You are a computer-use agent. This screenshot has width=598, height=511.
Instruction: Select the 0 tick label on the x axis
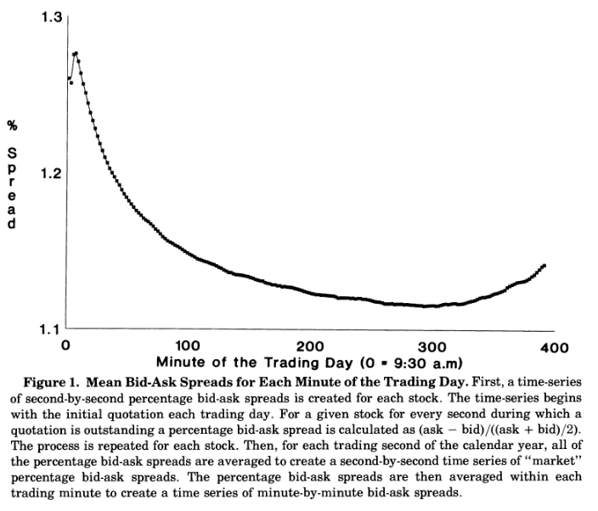click(x=65, y=347)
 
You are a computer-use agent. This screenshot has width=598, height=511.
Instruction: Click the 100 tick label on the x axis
click(x=187, y=347)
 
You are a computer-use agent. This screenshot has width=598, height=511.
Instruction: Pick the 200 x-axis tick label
click(x=310, y=347)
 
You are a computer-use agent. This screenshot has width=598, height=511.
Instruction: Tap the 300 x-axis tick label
click(x=432, y=347)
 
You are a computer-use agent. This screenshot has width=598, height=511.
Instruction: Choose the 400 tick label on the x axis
click(x=554, y=347)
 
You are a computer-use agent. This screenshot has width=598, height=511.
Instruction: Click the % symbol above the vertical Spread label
click(x=12, y=126)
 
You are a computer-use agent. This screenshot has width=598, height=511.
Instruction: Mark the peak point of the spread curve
click(x=76, y=53)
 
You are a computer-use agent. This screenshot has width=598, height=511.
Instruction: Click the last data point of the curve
click(x=544, y=266)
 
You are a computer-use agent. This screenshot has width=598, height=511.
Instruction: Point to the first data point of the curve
click(x=68, y=79)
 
